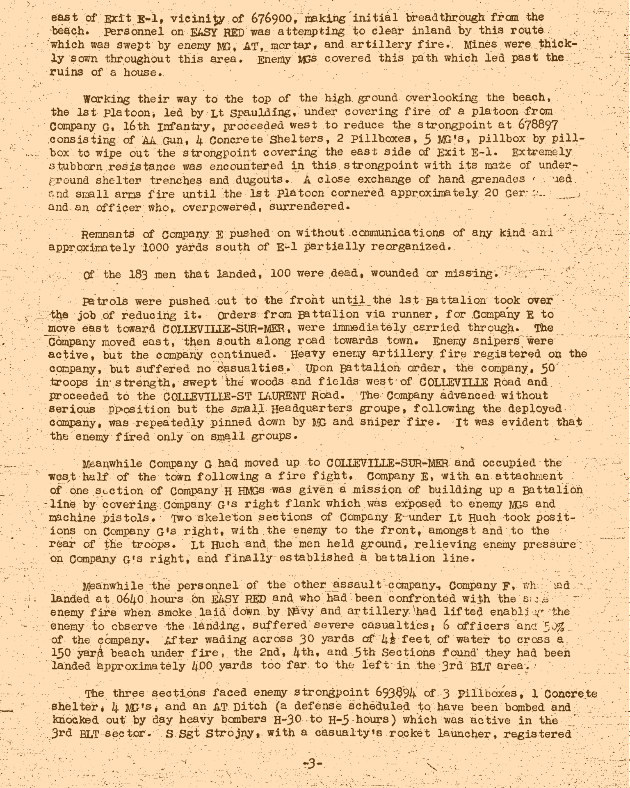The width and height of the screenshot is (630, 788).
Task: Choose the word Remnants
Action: [108, 234]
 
